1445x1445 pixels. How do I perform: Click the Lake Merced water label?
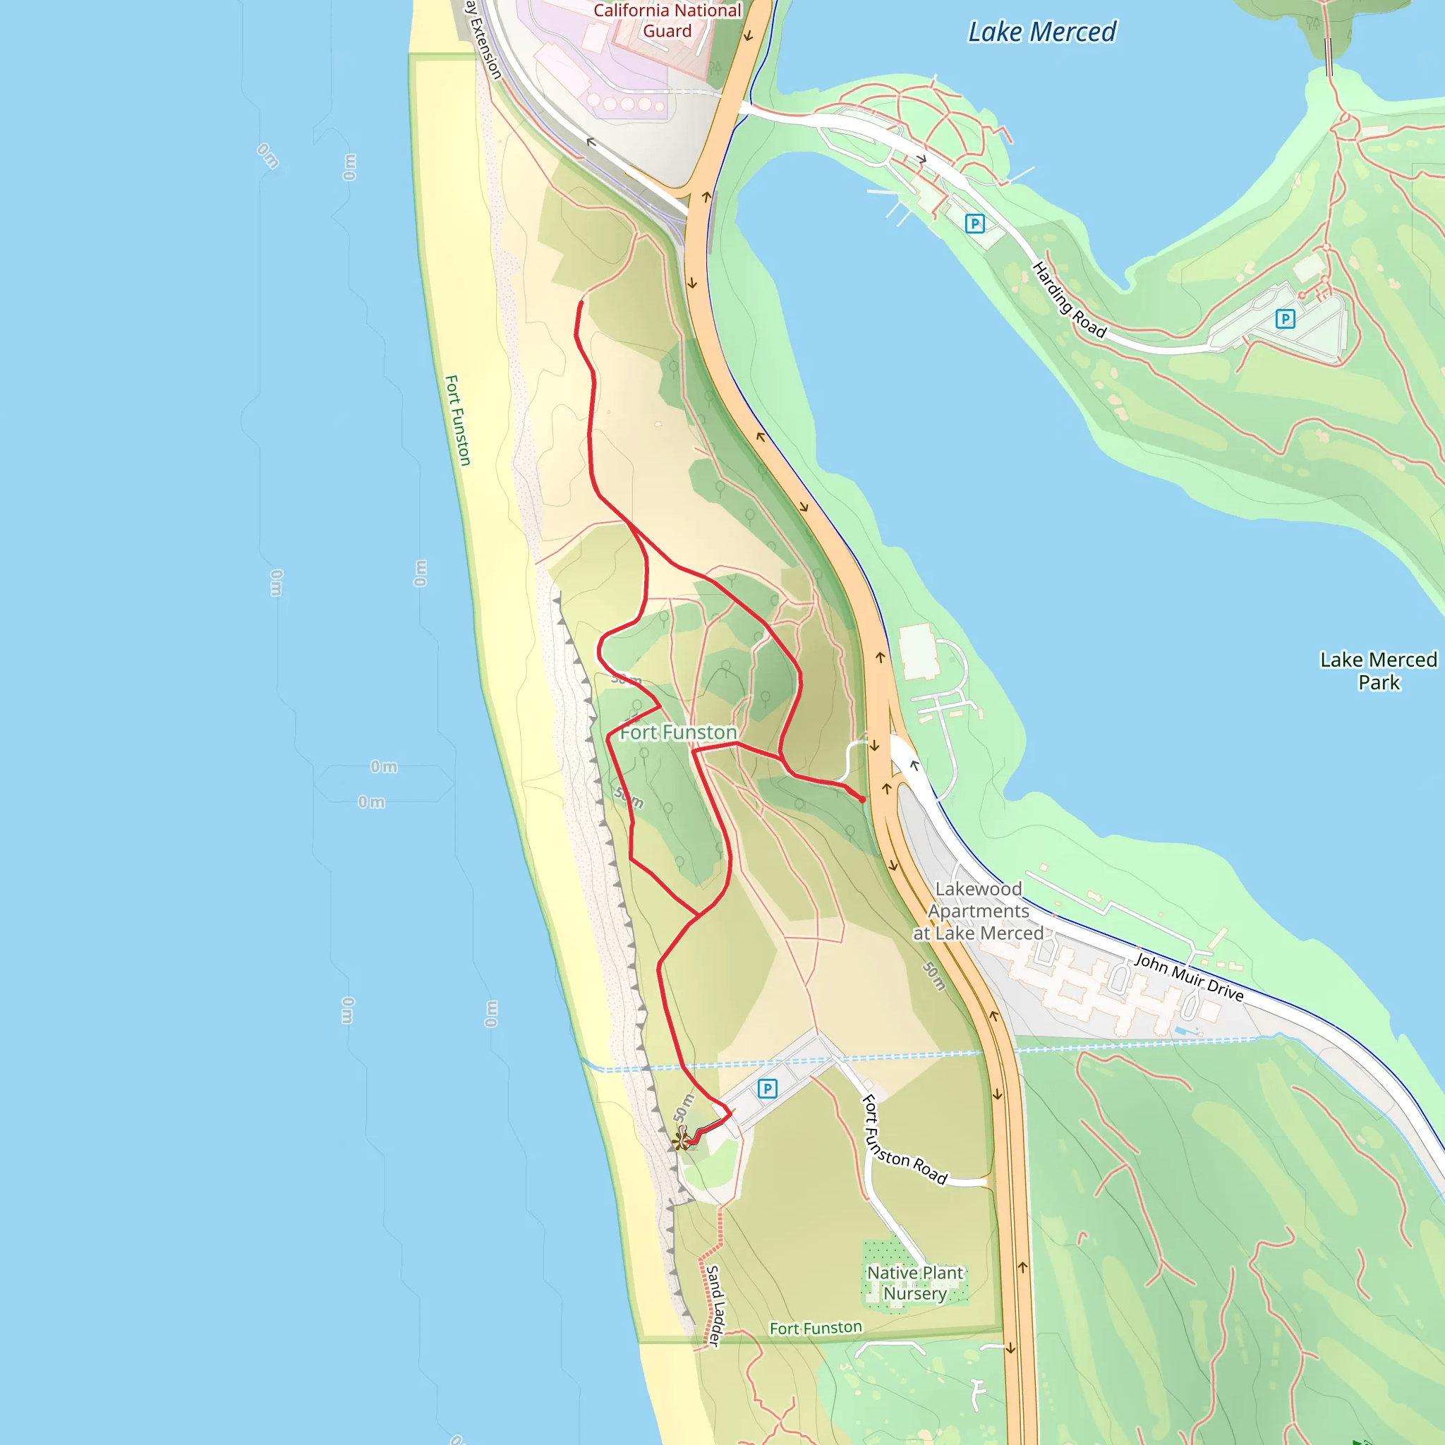click(1041, 32)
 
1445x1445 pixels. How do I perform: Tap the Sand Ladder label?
click(715, 1306)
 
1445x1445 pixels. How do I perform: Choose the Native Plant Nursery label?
click(914, 1283)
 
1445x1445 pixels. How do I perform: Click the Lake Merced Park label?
click(1378, 671)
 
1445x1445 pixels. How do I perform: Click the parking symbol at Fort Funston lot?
click(768, 1089)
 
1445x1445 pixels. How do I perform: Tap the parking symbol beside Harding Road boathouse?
click(974, 224)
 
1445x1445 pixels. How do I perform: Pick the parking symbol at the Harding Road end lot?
click(1285, 320)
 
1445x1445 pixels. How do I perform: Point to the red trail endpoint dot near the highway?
click(862, 799)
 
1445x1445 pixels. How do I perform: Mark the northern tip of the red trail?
click(581, 303)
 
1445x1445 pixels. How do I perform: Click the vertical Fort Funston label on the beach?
click(457, 421)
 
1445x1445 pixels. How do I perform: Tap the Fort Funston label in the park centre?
click(677, 732)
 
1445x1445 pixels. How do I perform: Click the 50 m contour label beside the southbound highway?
click(934, 976)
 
